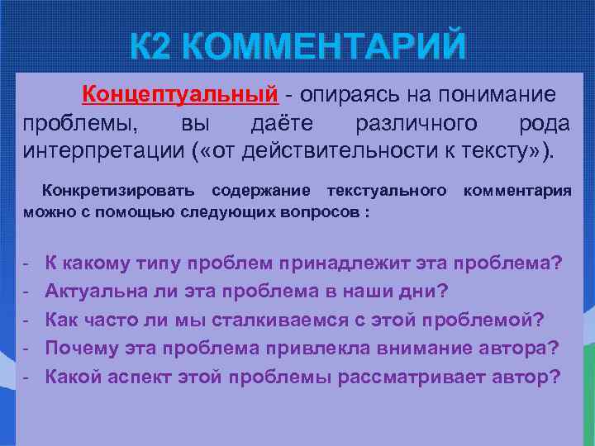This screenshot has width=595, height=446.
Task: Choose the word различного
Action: (416, 124)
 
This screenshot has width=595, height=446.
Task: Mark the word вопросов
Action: (317, 211)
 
